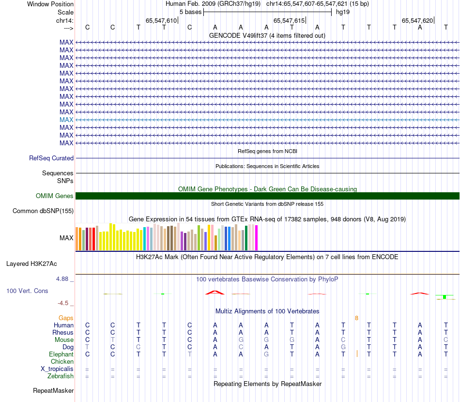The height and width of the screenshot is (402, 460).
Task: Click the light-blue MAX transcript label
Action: click(x=66, y=120)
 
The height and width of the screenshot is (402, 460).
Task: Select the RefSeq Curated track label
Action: click(x=51, y=158)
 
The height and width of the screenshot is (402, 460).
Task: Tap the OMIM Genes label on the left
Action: click(x=55, y=196)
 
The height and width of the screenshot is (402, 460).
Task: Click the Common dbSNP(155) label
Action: click(x=43, y=211)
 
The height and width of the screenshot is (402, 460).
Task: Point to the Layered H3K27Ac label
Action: click(x=31, y=264)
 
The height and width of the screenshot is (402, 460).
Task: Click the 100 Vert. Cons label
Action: click(x=27, y=291)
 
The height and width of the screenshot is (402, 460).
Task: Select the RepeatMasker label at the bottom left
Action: click(x=53, y=390)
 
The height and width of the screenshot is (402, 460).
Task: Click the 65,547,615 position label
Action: click(x=289, y=20)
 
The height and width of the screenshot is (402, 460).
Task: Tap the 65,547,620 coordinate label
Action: click(x=417, y=20)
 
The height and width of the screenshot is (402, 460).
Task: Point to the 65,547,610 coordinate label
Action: click(x=161, y=20)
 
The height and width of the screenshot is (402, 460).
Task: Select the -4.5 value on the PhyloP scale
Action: click(x=63, y=303)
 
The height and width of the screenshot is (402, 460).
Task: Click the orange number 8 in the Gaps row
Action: click(x=356, y=318)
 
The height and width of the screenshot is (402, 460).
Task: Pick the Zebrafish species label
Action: click(x=61, y=376)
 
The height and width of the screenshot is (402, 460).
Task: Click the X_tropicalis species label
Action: click(x=57, y=369)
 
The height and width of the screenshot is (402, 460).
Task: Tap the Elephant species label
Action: click(x=61, y=355)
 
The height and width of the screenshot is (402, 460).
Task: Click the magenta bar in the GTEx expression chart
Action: click(x=256, y=238)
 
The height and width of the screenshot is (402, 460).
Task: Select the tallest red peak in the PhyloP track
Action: click(x=215, y=292)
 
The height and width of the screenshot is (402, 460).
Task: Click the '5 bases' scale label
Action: click(x=190, y=12)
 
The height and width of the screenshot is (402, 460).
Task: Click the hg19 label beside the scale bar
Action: click(x=343, y=12)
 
